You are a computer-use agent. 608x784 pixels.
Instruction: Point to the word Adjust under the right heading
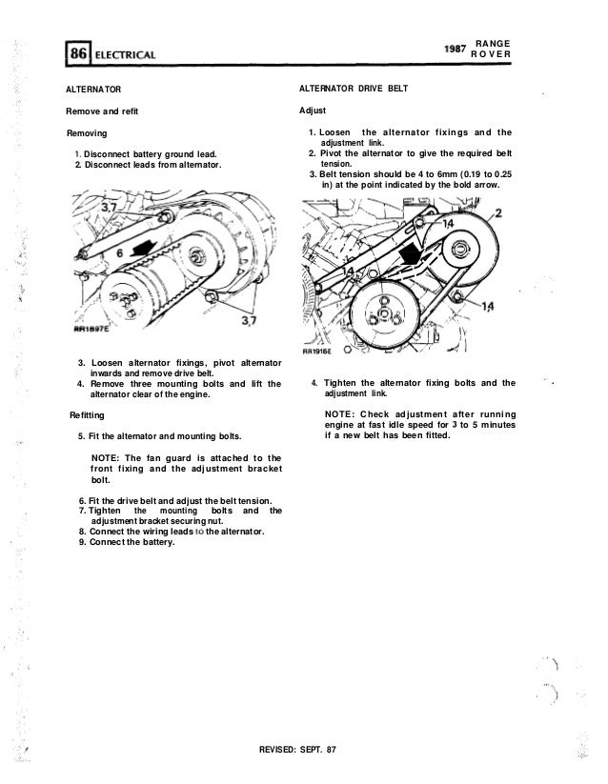point(314,111)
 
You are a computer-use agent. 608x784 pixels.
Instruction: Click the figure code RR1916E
point(318,349)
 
